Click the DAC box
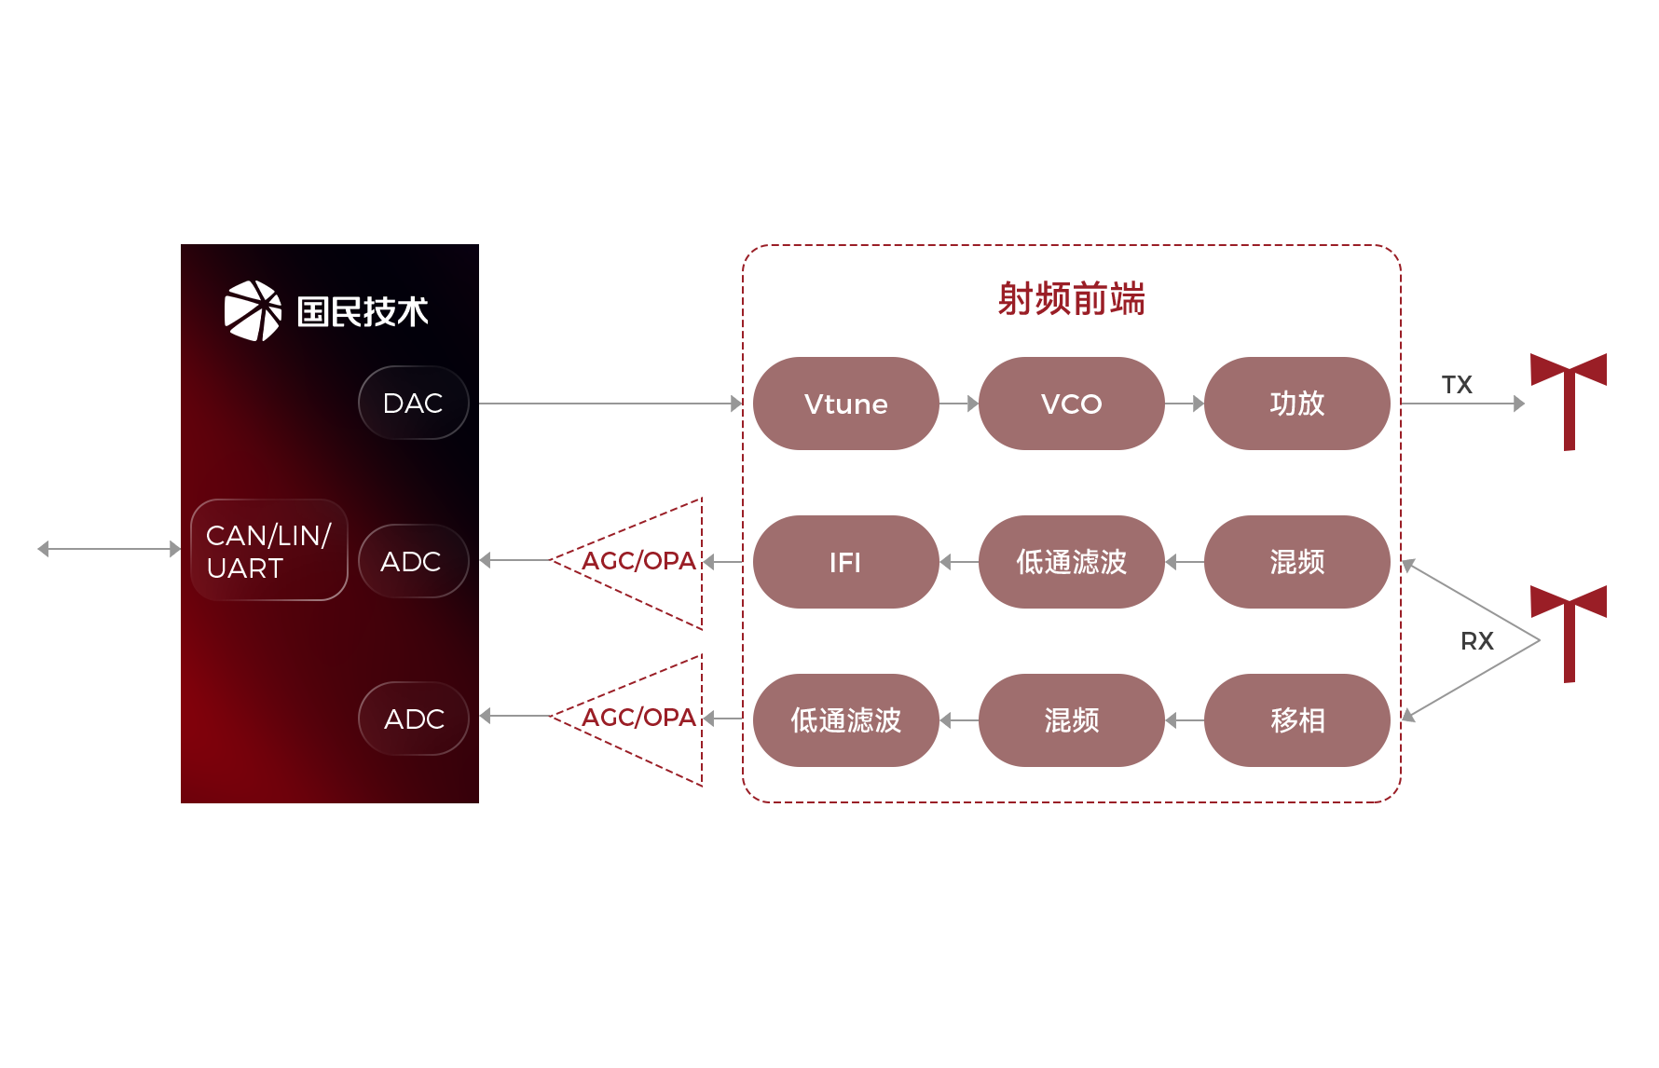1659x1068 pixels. [413, 403]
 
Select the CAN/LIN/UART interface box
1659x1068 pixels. [268, 551]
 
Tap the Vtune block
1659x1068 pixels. [845, 404]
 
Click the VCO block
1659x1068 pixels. [1071, 404]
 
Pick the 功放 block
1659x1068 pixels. [1296, 404]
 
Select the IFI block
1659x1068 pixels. [845, 562]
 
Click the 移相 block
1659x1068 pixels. [1296, 720]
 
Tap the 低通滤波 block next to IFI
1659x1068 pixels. [1071, 562]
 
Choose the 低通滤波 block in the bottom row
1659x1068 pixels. [845, 720]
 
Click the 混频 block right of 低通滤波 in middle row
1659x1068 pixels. [1296, 562]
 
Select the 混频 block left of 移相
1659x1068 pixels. [1071, 720]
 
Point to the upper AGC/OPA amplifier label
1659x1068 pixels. [638, 561]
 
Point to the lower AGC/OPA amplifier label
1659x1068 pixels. [638, 718]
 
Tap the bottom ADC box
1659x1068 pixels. [413, 719]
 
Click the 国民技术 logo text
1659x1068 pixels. [363, 312]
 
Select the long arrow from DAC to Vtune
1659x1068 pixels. [610, 404]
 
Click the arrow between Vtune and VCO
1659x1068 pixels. [958, 404]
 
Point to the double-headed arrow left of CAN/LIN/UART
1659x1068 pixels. [109, 549]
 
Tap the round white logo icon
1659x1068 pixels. [253, 310]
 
